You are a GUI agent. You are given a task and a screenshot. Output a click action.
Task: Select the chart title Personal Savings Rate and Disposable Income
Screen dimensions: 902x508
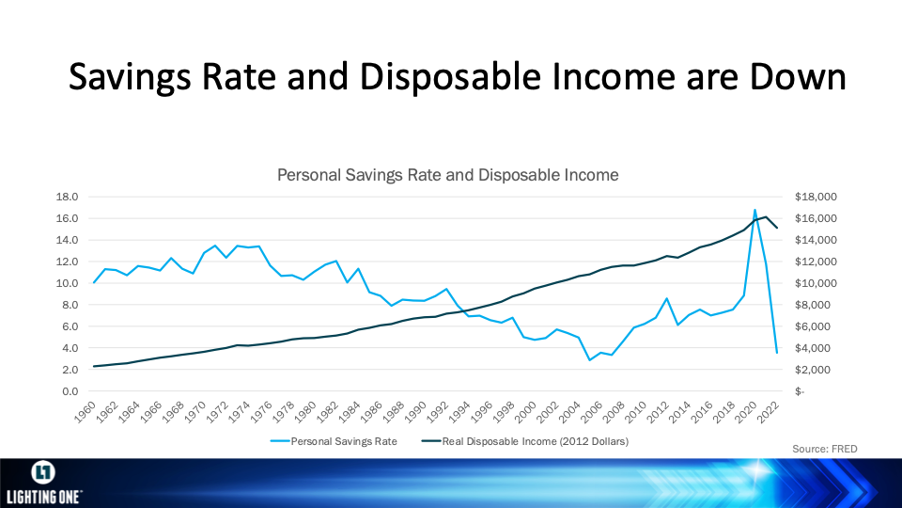447,175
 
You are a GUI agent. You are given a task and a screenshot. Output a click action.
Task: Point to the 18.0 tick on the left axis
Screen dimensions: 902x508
67,197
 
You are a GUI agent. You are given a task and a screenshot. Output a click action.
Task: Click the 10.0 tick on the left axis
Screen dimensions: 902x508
67,283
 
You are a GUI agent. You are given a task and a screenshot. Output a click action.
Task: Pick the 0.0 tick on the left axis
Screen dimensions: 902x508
70,391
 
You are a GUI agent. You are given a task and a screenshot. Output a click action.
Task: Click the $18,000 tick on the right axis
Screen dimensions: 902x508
816,197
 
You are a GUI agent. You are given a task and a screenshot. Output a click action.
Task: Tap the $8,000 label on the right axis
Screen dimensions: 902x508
813,305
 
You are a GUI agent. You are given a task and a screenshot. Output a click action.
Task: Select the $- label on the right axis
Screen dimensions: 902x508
800,391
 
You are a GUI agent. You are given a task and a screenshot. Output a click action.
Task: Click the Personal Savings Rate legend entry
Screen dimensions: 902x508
334,442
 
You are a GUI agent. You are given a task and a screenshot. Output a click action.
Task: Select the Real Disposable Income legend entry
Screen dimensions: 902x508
524,442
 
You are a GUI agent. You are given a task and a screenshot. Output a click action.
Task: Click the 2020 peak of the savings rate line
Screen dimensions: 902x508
754,210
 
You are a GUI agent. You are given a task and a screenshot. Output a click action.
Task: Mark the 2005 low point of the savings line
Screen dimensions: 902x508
589,360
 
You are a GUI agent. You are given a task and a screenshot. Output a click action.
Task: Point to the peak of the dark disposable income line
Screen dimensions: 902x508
766,216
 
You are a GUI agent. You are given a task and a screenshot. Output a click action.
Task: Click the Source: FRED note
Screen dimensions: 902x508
824,450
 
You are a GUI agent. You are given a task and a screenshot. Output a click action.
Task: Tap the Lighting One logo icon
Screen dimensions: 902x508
43,473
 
